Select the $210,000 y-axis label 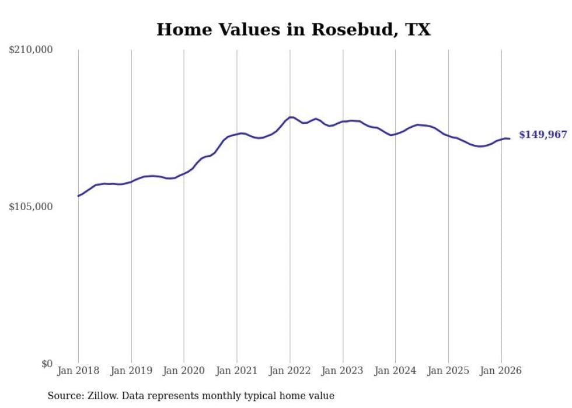click(30, 50)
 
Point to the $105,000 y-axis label click(30, 207)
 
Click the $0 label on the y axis click(47, 364)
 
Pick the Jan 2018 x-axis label click(78, 371)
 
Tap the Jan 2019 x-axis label click(131, 371)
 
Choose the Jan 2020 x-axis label click(184, 371)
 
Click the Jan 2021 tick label click(237, 371)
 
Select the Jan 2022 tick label click(290, 371)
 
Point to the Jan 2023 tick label click(343, 371)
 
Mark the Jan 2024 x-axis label click(396, 371)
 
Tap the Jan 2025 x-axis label click(448, 371)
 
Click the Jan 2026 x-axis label click(501, 371)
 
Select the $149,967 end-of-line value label click(543, 135)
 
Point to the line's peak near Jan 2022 click(291, 117)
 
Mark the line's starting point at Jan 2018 click(78, 196)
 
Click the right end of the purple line click(510, 138)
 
